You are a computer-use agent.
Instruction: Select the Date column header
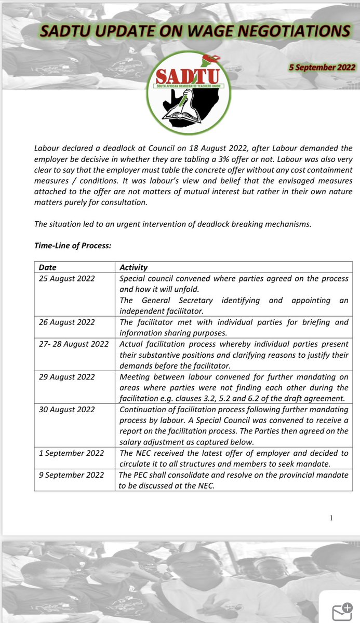pos(48,267)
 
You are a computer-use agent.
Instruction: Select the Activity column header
pos(134,267)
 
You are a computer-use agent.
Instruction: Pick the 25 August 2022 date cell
pos(67,278)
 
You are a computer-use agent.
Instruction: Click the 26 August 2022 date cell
pos(67,322)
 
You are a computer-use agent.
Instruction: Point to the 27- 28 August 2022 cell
pos(73,344)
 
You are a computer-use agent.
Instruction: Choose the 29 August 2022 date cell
pos(67,376)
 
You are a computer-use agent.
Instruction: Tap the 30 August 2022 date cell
pos(67,409)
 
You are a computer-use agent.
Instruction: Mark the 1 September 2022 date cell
pos(71,453)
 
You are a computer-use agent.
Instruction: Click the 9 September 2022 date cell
pos(71,475)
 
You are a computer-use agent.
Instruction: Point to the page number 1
pos(330,518)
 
